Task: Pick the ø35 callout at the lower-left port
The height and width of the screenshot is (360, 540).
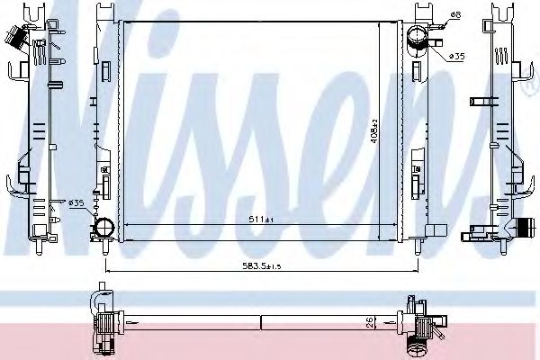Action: (77, 203)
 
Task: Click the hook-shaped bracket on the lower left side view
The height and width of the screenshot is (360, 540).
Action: (18, 188)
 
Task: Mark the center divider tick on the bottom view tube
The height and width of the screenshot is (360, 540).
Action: (260, 321)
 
